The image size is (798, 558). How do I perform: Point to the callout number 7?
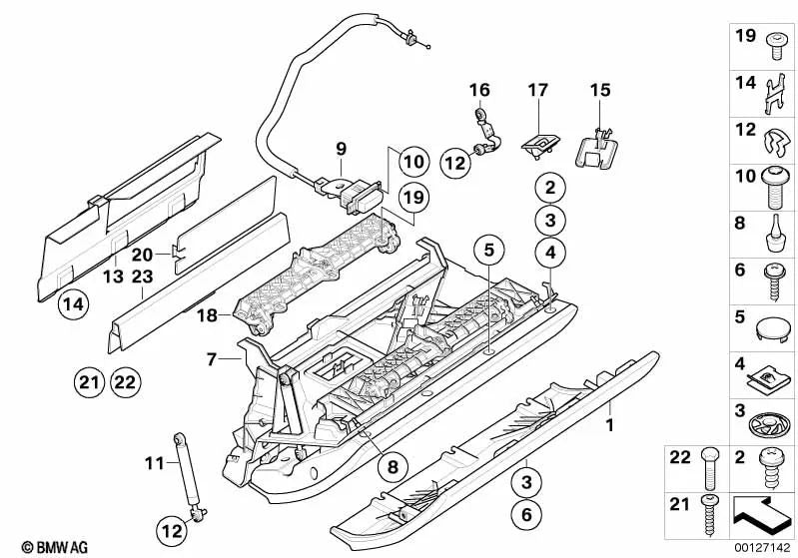pyautogui.click(x=212, y=358)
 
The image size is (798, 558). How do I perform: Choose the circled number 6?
pyautogui.click(x=522, y=516)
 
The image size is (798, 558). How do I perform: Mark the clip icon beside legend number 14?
pyautogui.click(x=770, y=93)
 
